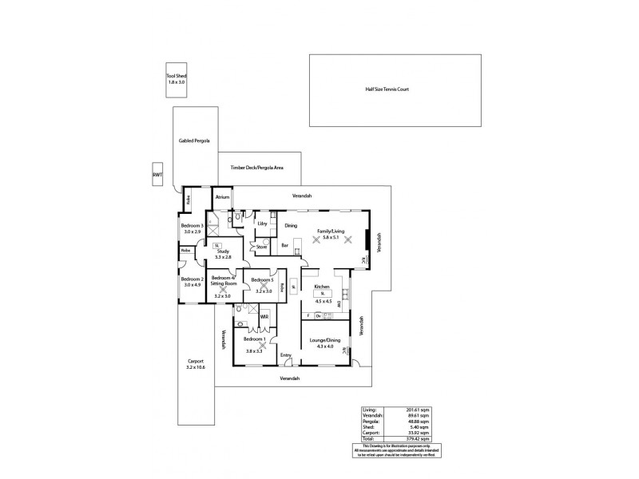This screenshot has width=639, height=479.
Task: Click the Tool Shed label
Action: pyautogui.click(x=177, y=75)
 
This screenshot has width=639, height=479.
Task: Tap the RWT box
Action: pyautogui.click(x=157, y=174)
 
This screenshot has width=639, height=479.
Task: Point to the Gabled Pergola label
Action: pyautogui.click(x=194, y=140)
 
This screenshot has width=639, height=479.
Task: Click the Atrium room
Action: pyautogui.click(x=222, y=196)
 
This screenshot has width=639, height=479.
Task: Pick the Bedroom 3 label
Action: pyautogui.click(x=192, y=226)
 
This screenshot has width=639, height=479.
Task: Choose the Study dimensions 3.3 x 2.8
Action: pyautogui.click(x=223, y=257)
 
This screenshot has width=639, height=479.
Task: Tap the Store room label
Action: pyautogui.click(x=261, y=247)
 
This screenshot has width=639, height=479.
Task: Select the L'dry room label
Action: pyautogui.click(x=261, y=224)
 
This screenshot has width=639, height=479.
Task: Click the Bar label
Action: pyautogui.click(x=284, y=245)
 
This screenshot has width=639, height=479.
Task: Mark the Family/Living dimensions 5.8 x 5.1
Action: pyautogui.click(x=325, y=237)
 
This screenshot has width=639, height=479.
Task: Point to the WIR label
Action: pyautogui.click(x=264, y=317)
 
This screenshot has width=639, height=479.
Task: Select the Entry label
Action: pyautogui.click(x=285, y=354)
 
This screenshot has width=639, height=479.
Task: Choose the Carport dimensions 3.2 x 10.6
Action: pyautogui.click(x=196, y=367)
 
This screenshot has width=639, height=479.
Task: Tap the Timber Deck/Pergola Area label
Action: pyautogui.click(x=257, y=168)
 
